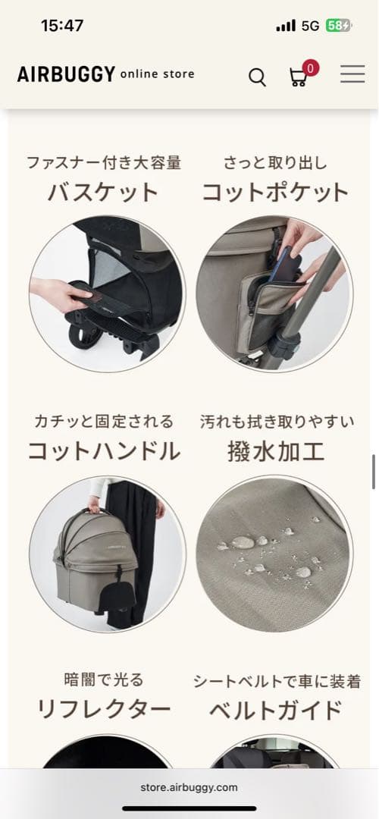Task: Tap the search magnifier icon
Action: point(258,77)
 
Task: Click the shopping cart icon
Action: point(298,77)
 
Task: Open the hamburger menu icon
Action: point(352,74)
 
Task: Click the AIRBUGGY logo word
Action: point(67,74)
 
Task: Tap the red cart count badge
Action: point(311,67)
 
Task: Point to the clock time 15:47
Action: point(62,25)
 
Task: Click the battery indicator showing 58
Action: point(338,25)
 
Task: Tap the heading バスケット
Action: point(103,193)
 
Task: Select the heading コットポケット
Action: point(274,193)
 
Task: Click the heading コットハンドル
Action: point(104,451)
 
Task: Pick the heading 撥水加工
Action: point(275,451)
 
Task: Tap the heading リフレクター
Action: point(104,711)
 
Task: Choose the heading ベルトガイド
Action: point(275,711)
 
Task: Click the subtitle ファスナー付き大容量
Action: point(104,162)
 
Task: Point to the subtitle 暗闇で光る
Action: point(104,679)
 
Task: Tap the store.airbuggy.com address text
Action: point(189,787)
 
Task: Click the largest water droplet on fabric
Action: point(243,542)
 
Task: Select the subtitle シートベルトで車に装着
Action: point(275,680)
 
